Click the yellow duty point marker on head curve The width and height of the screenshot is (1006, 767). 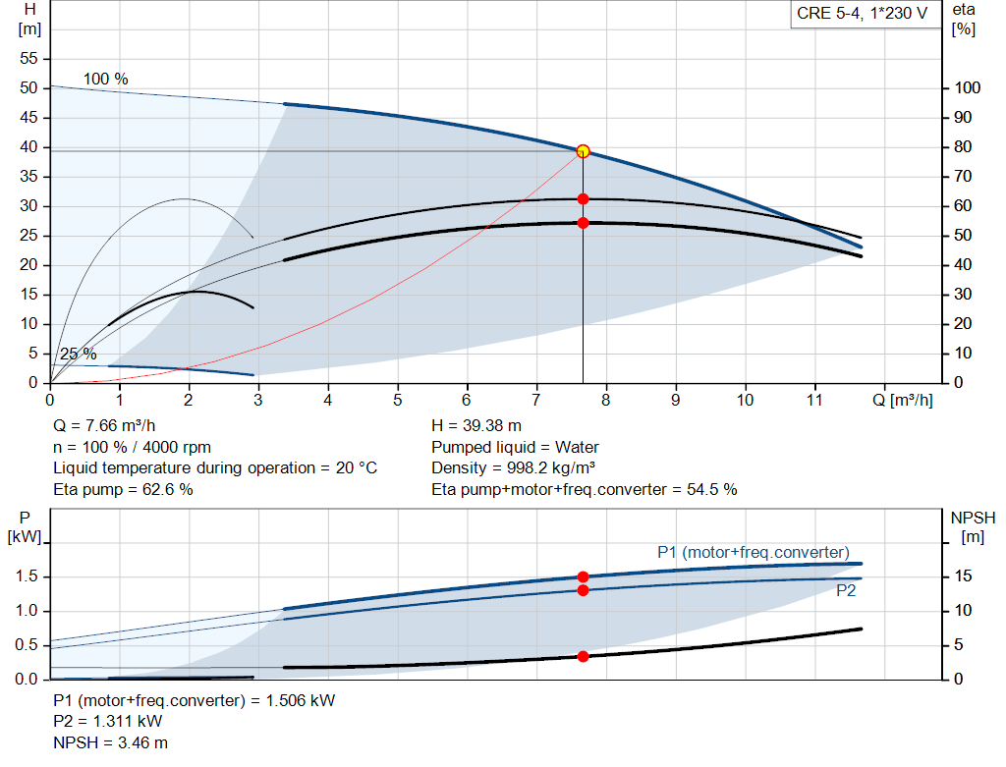click(x=583, y=151)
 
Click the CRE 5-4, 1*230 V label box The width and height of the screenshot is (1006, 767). click(x=862, y=15)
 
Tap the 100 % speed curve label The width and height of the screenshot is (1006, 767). click(x=105, y=79)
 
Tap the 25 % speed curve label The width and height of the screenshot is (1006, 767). click(x=78, y=354)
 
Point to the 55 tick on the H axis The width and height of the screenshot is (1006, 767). click(x=28, y=59)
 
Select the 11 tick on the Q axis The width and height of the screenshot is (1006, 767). click(x=814, y=400)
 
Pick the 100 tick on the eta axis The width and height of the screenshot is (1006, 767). click(x=967, y=88)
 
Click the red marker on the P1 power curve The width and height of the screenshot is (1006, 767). click(x=583, y=577)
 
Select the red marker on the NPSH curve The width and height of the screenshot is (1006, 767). click(x=583, y=656)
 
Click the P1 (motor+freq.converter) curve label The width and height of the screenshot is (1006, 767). click(x=753, y=552)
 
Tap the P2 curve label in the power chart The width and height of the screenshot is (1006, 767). click(x=846, y=591)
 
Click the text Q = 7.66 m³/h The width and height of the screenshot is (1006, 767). click(x=104, y=426)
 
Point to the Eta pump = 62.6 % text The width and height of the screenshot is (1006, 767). click(x=123, y=489)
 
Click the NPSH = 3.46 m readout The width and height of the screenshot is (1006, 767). click(x=103, y=742)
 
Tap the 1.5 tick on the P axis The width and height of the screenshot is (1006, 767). click(x=28, y=576)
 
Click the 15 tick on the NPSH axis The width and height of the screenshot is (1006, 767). click(x=964, y=576)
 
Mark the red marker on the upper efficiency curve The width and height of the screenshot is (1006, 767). click(x=583, y=199)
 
